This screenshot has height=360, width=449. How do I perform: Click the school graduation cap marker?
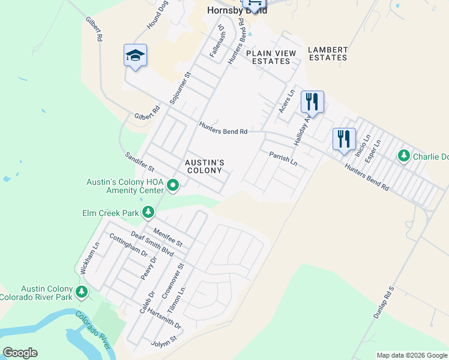tap(135, 56)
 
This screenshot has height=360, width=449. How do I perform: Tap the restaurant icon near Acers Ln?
tap(312, 101)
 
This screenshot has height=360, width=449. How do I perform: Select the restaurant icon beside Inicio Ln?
tap(344, 139)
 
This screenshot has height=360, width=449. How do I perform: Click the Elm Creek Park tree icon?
tap(148, 212)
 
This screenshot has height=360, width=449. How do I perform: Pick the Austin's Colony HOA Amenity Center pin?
tap(173, 185)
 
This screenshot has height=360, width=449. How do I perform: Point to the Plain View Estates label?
tap(271, 57)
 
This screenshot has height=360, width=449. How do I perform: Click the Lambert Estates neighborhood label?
tap(327, 53)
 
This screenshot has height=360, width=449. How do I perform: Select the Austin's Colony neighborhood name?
tap(204, 166)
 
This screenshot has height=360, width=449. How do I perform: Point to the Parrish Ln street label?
tap(283, 158)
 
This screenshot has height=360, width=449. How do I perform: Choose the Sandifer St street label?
tap(139, 162)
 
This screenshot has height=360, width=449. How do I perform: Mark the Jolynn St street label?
tap(164, 341)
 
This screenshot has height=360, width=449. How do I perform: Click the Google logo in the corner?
tap(20, 353)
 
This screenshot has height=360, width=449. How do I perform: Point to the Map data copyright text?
tap(412, 355)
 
